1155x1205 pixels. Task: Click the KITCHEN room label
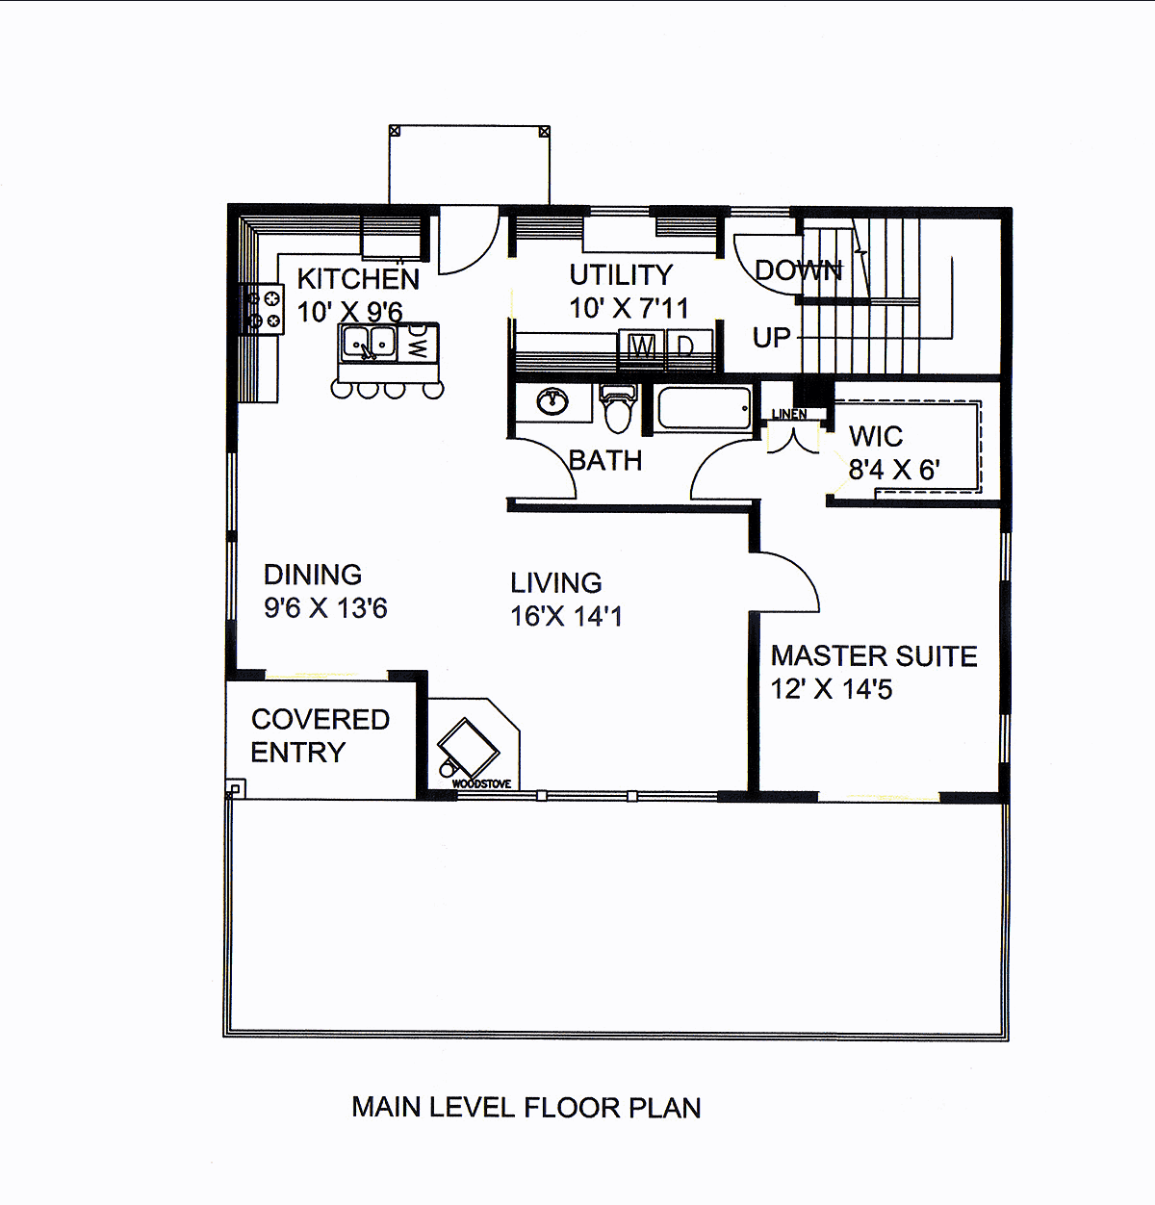[358, 279]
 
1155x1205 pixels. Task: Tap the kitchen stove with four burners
[263, 309]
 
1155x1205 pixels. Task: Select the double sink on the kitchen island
[369, 343]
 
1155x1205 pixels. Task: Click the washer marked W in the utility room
[642, 348]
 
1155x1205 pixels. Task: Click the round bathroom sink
[552, 403]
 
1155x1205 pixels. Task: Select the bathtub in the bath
[705, 407]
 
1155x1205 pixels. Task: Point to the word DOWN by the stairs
[798, 270]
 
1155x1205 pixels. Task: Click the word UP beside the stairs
[772, 338]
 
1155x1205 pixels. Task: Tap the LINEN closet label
[789, 414]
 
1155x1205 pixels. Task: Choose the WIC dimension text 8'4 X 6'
[893, 470]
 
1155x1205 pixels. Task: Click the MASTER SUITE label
[874, 656]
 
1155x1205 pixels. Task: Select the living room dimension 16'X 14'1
[566, 616]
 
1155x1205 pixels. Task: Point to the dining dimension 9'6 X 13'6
[325, 608]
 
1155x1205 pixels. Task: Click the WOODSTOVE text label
[482, 784]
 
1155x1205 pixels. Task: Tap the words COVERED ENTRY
[321, 736]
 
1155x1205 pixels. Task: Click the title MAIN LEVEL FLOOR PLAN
[526, 1108]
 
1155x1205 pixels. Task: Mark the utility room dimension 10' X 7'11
[629, 308]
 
